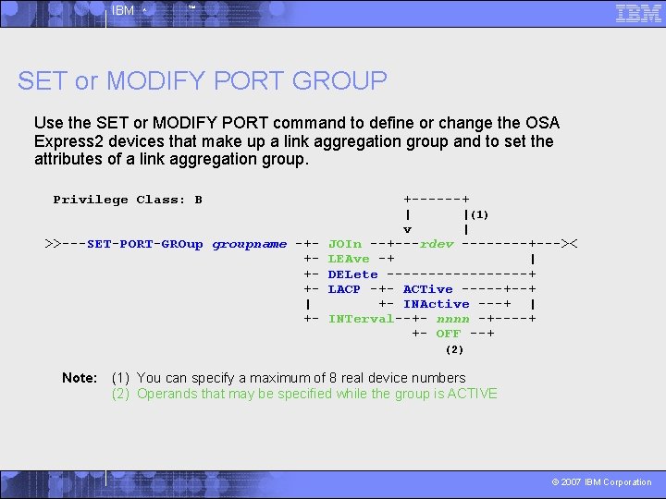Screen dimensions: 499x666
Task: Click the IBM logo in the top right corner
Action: (x=638, y=13)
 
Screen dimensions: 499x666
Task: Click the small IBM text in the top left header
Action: (x=122, y=11)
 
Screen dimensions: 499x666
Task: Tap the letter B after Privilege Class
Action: (x=198, y=200)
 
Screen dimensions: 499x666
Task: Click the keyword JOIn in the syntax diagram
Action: (x=345, y=244)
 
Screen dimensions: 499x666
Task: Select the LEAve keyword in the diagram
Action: (x=349, y=259)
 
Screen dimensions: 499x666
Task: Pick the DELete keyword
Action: (x=352, y=274)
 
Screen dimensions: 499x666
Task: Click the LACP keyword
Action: (x=344, y=288)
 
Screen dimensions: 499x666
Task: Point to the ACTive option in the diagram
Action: (x=427, y=288)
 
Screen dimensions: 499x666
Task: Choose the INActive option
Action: (x=436, y=303)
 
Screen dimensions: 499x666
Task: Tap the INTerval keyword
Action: (x=361, y=318)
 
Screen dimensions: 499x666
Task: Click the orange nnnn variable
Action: (x=452, y=318)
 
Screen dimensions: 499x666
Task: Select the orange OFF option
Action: (x=448, y=333)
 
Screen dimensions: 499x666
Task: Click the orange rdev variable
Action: (x=437, y=244)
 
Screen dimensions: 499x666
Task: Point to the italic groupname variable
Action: (x=249, y=244)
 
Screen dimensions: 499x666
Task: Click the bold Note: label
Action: (x=80, y=377)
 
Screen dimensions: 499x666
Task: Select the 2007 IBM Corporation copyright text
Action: (x=601, y=481)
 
